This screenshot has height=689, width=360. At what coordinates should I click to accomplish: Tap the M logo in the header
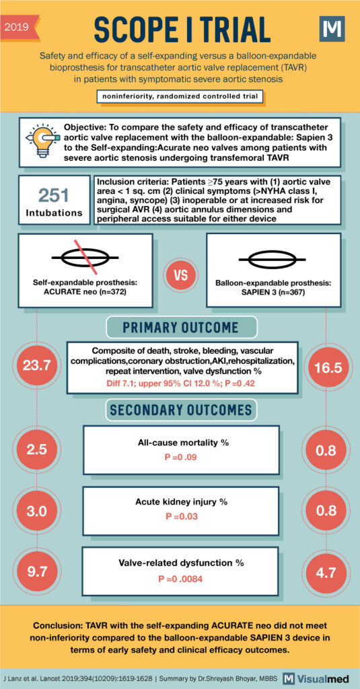tap(332, 29)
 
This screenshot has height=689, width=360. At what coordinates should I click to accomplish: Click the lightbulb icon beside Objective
tap(41, 141)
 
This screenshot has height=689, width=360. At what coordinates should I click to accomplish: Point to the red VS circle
tap(179, 277)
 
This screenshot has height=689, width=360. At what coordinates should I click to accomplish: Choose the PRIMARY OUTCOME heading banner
tap(180, 328)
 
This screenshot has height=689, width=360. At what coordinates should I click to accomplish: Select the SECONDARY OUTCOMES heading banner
tap(180, 410)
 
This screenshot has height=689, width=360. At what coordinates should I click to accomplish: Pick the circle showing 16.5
tap(326, 367)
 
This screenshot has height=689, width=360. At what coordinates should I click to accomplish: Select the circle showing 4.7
tap(326, 572)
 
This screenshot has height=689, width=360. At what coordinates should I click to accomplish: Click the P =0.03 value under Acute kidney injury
tap(180, 517)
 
